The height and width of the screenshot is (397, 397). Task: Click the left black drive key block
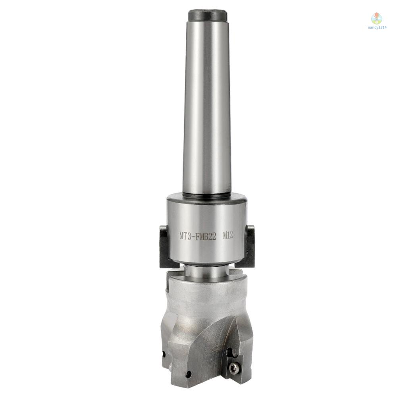[164, 246]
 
